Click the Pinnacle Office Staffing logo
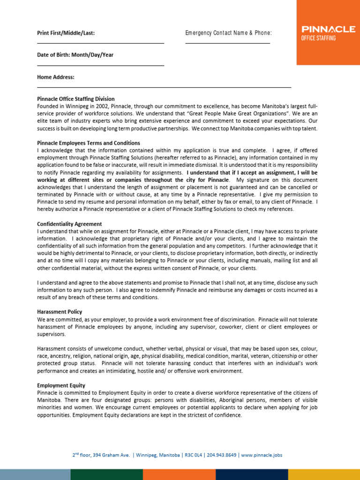[328, 33]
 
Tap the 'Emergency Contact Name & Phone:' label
[228, 33]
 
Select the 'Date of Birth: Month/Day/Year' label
[75, 55]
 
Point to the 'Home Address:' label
[56, 77]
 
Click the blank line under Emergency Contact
[228, 44]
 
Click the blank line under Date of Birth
[100, 66]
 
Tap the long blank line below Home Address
[164, 88]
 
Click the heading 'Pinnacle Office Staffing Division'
[76, 99]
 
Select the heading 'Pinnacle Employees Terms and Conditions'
[89, 143]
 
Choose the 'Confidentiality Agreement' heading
[69, 224]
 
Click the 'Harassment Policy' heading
[60, 311]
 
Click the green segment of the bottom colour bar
[106, 474]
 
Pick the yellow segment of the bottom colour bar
[324, 474]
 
